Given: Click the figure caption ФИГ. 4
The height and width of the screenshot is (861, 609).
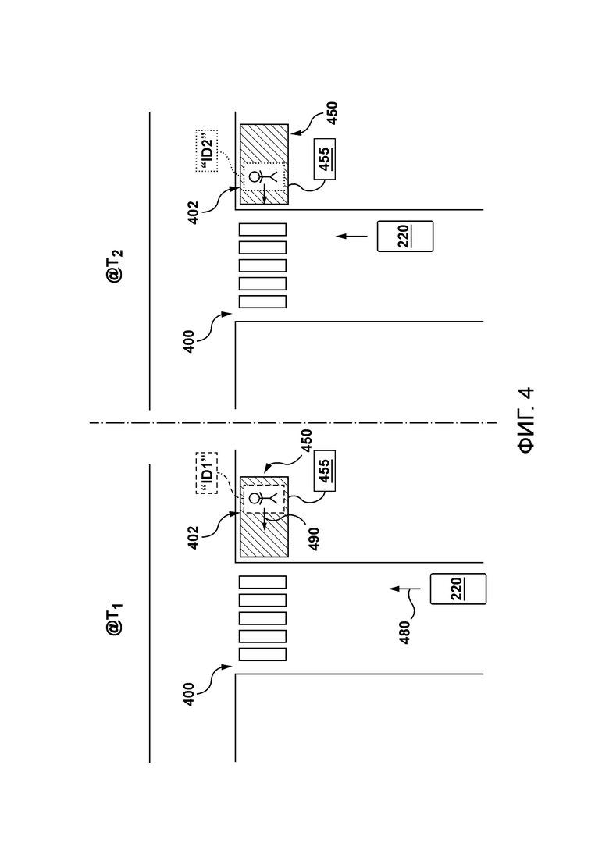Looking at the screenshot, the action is pyautogui.click(x=526, y=420).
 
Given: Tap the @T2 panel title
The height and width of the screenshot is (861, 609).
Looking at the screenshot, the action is pyautogui.click(x=116, y=265).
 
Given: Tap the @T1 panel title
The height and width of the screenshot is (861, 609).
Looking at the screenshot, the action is pyautogui.click(x=116, y=619).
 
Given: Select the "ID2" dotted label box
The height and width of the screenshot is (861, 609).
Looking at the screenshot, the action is pyautogui.click(x=207, y=151).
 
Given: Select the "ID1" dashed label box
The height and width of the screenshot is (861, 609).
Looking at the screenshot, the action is pyautogui.click(x=207, y=473).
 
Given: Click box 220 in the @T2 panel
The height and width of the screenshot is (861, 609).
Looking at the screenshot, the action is pyautogui.click(x=405, y=236).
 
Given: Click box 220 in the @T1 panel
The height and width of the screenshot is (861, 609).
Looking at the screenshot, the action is pyautogui.click(x=458, y=589).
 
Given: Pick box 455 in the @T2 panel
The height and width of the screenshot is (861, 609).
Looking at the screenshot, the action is pyautogui.click(x=325, y=159).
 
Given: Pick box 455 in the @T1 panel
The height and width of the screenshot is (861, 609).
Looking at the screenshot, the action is pyautogui.click(x=325, y=471).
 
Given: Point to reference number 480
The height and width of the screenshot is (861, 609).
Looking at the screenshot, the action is pyautogui.click(x=404, y=632).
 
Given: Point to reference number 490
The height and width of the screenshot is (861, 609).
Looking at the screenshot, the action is pyautogui.click(x=314, y=539).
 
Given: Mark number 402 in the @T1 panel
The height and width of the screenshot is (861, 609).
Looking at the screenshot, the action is pyautogui.click(x=194, y=538).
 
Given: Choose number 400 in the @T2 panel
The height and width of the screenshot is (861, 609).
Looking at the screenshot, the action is pyautogui.click(x=189, y=341).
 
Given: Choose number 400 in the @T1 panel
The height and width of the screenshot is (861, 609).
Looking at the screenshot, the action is pyautogui.click(x=189, y=694).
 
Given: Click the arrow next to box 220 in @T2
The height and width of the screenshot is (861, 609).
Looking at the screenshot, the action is pyautogui.click(x=352, y=236).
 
